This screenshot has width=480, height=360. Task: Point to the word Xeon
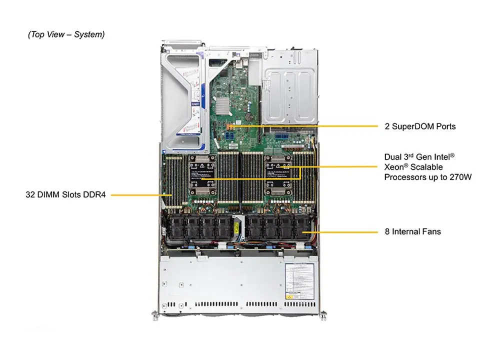click(x=395, y=167)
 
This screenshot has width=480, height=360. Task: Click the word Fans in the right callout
click(x=431, y=231)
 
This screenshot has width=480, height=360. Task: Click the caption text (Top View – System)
click(x=66, y=34)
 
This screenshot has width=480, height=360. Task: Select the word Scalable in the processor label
click(x=426, y=167)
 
